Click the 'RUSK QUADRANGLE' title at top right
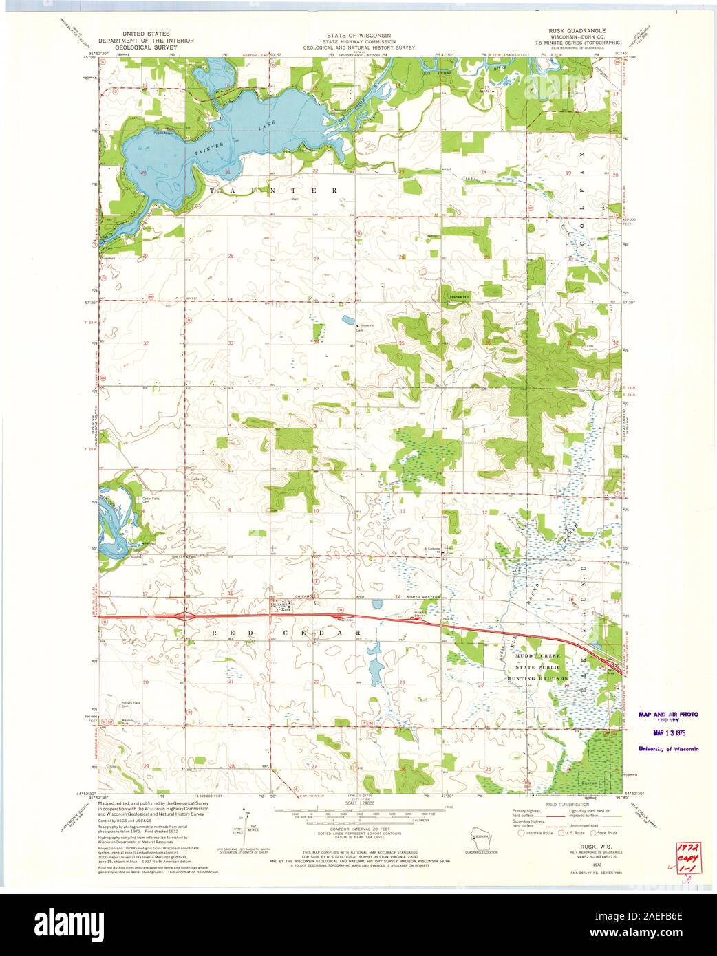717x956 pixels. [x=577, y=32]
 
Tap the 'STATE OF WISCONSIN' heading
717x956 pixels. [x=358, y=34]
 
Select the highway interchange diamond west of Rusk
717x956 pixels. [x=184, y=617]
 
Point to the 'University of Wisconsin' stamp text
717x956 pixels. [x=667, y=749]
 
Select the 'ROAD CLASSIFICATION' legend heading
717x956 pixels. [x=568, y=804]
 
